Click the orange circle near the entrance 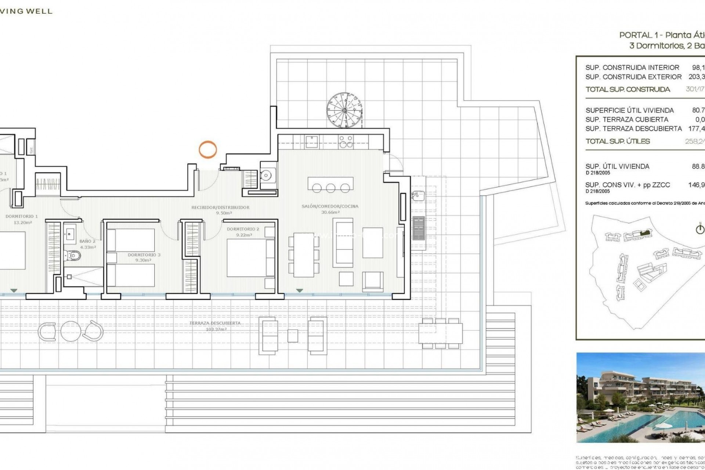point(208,149)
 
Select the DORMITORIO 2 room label point(243,229)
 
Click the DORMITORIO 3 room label point(144,255)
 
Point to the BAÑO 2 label point(87,242)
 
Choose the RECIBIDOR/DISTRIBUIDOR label point(220,207)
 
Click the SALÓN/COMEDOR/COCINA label point(330,206)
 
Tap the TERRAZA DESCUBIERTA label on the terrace point(215,323)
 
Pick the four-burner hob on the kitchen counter point(346,141)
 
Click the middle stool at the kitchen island point(330,188)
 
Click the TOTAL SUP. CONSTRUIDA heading point(628,89)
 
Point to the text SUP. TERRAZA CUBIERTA point(627,119)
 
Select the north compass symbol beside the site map point(700,229)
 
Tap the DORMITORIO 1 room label point(22,217)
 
